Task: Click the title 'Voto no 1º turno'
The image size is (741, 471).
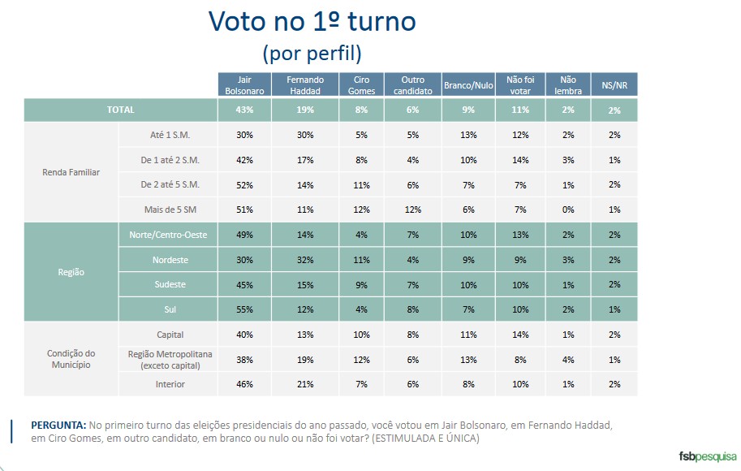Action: (x=311, y=21)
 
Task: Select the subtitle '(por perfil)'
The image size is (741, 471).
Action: (x=312, y=54)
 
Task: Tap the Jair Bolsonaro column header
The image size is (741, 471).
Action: (x=244, y=84)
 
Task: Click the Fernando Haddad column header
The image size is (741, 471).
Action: (x=305, y=84)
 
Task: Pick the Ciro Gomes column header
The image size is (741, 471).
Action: (x=361, y=84)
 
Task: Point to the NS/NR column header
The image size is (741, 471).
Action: (x=614, y=85)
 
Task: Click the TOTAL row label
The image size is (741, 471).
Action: (x=120, y=110)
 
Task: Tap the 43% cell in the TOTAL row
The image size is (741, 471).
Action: (x=244, y=110)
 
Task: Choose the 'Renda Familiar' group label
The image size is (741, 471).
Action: (x=71, y=172)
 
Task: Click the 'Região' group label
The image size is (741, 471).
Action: (x=71, y=272)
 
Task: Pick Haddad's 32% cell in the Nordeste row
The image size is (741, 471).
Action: (x=305, y=260)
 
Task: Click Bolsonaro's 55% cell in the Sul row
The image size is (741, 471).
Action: (x=244, y=309)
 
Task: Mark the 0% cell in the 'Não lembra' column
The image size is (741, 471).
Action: (x=568, y=210)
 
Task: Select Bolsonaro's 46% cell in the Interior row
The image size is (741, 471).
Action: (x=244, y=384)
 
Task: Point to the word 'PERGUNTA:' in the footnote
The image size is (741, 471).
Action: (x=58, y=425)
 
